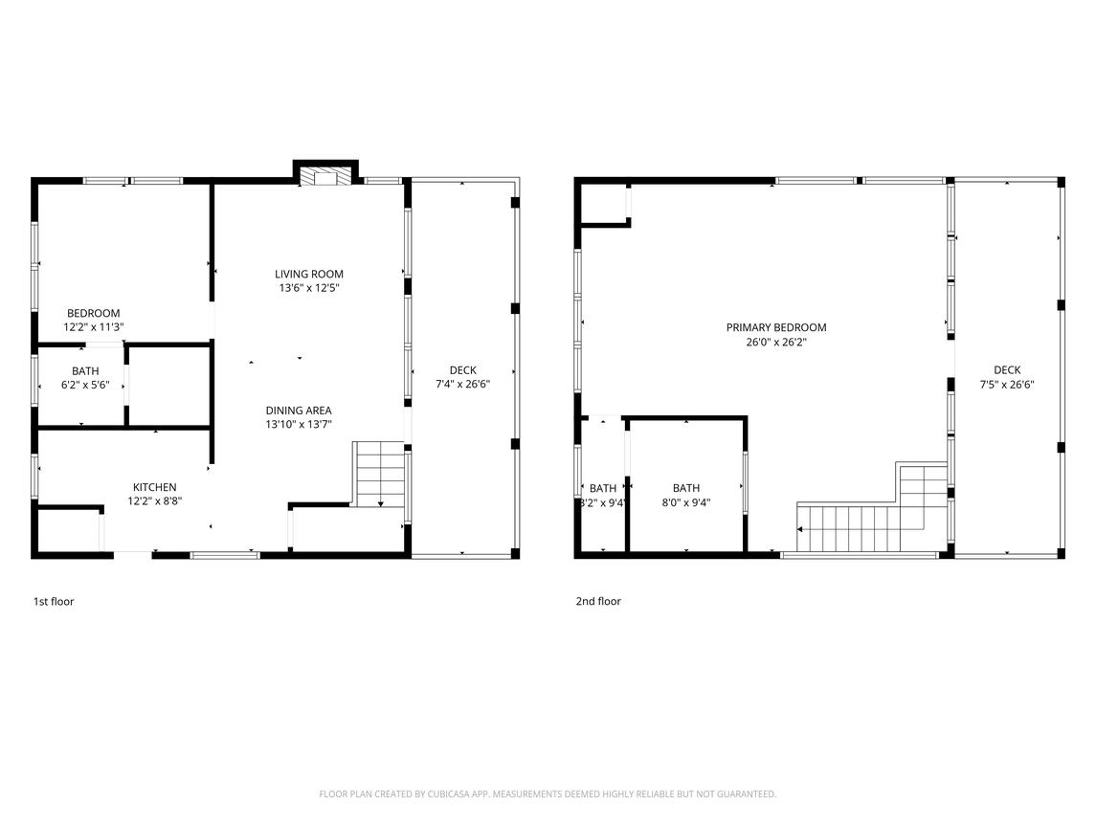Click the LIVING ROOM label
(309, 274)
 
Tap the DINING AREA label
(299, 411)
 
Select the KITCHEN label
(154, 487)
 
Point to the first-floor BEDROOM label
(93, 313)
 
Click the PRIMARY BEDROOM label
(776, 327)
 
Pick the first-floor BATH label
(85, 371)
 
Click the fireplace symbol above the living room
(325, 177)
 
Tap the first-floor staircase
(379, 474)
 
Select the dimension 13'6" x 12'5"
(309, 287)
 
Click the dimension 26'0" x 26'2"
(776, 342)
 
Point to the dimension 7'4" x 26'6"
(462, 384)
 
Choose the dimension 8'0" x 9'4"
(686, 501)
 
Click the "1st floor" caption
(54, 601)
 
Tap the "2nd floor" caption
(598, 601)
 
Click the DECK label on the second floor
(1007, 369)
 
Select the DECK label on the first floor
(462, 370)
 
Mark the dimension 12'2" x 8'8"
(154, 501)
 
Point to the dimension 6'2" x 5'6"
(85, 385)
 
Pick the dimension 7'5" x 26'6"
(1007, 384)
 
